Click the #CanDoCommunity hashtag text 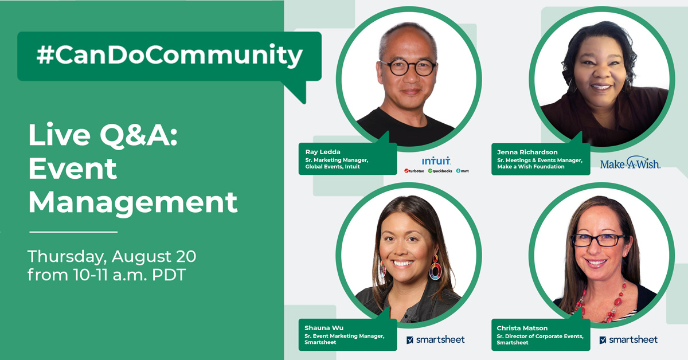click(169, 55)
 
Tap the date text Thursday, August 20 click(112, 256)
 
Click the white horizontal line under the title click(73, 232)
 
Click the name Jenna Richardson click(527, 152)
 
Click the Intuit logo click(436, 161)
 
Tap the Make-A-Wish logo click(630, 164)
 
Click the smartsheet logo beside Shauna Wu click(436, 339)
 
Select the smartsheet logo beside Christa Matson click(628, 339)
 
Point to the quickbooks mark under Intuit click(440, 171)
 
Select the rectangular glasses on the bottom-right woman click(597, 240)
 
